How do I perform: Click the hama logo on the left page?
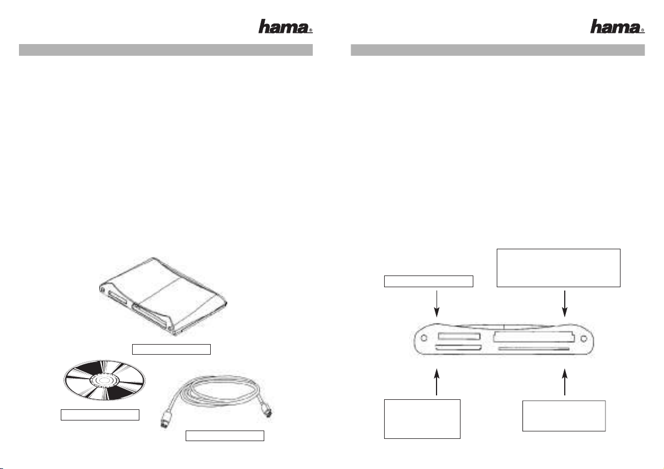point(285,27)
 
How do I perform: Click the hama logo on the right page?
point(617,27)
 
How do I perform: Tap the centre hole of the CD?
point(104,381)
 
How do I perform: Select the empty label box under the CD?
point(100,415)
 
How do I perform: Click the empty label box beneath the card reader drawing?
point(171,349)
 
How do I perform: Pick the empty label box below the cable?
point(225,436)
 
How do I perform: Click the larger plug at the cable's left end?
point(167,420)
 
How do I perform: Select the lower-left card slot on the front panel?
point(458,348)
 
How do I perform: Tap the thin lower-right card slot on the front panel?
point(534,349)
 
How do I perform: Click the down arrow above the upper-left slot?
point(437,304)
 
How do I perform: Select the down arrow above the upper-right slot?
point(565,304)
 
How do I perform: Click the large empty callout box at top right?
point(559,268)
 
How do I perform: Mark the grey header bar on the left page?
point(166,50)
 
